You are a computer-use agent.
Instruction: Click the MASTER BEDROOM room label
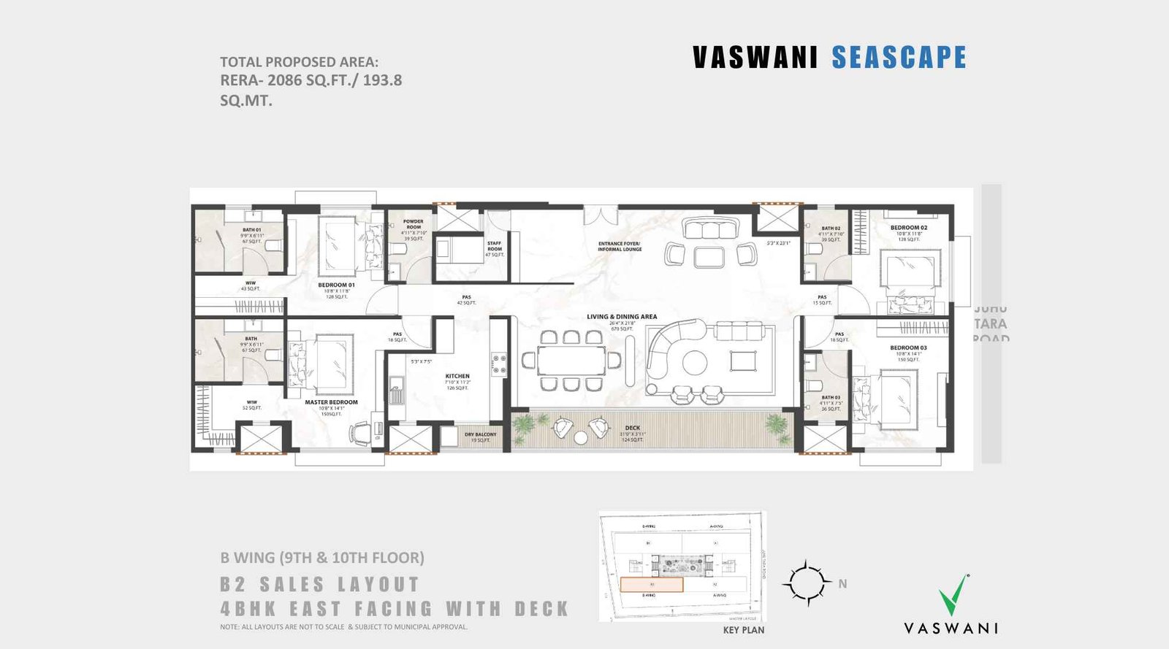pyautogui.click(x=331, y=402)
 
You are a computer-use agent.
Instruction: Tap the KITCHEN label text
pyautogui.click(x=457, y=376)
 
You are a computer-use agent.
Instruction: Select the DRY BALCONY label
pyautogui.click(x=480, y=434)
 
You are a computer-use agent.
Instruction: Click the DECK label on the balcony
pyautogui.click(x=632, y=428)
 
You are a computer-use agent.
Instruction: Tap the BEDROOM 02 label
pyautogui.click(x=908, y=228)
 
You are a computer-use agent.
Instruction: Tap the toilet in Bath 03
pyautogui.click(x=812, y=385)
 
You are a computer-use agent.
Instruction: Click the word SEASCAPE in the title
pyautogui.click(x=899, y=58)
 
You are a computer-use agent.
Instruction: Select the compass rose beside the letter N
pyautogui.click(x=807, y=583)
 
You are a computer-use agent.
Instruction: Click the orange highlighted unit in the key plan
pyautogui.click(x=652, y=585)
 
